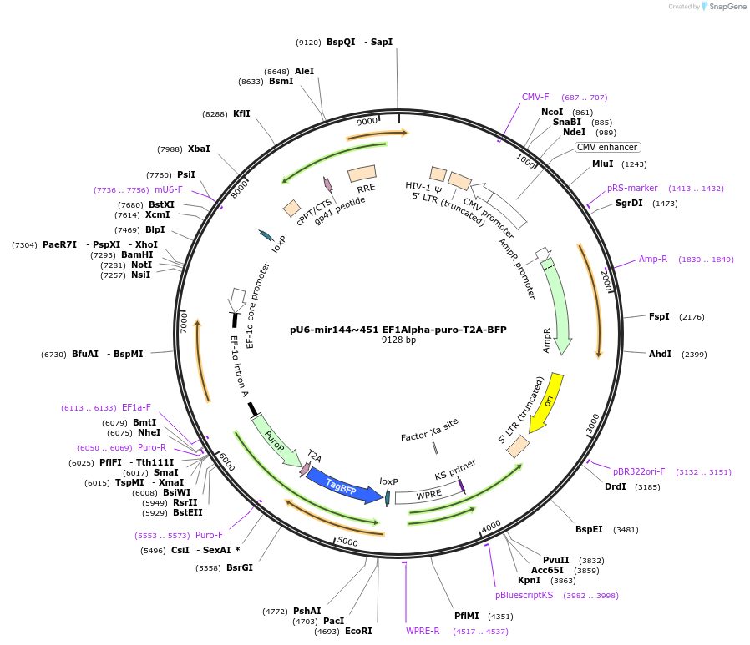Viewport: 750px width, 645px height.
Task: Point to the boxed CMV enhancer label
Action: tap(607, 148)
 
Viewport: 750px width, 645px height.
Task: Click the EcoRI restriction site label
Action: tap(358, 632)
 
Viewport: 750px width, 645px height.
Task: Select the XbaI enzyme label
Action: tap(199, 149)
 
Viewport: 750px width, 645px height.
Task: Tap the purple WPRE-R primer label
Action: tap(423, 631)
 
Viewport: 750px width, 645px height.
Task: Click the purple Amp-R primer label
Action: tap(653, 260)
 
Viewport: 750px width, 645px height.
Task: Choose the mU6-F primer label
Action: tap(168, 190)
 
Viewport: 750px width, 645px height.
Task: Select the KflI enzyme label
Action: tap(241, 114)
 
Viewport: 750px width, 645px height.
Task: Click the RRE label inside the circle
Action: tap(367, 189)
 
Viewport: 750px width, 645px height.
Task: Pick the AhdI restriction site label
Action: tap(660, 355)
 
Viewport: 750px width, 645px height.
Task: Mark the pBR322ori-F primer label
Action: tap(639, 471)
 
